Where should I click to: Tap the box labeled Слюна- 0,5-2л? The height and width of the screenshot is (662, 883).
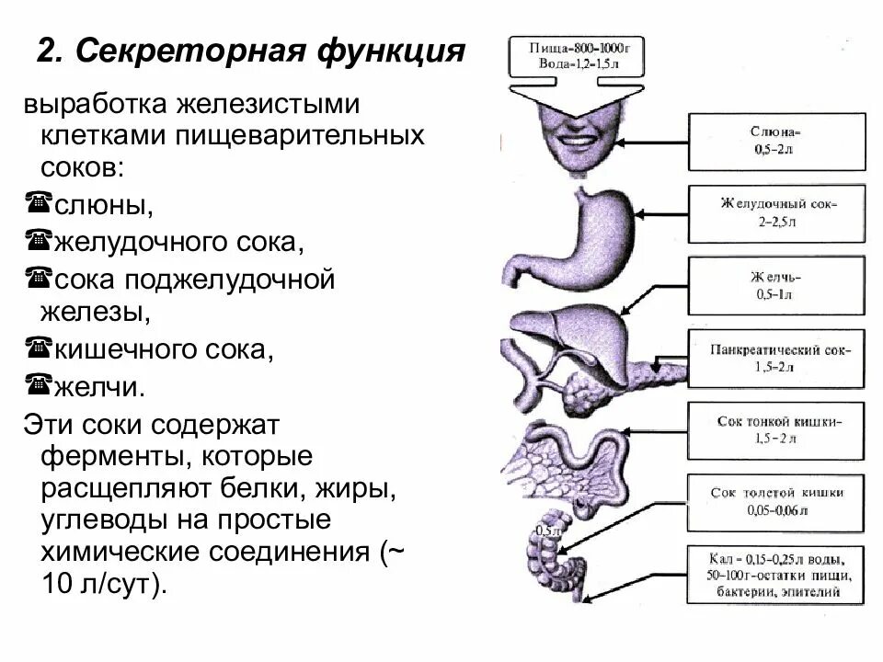777,142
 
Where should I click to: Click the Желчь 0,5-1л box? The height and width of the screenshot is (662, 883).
777,285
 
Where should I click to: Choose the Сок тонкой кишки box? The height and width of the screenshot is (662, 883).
777,430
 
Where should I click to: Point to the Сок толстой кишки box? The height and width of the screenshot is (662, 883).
777,501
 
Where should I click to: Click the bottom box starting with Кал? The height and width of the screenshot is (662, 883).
777,575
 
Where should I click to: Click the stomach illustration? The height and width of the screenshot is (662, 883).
593,234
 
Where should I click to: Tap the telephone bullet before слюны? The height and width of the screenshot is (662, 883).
38,203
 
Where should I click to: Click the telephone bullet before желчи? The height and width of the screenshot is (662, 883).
38,384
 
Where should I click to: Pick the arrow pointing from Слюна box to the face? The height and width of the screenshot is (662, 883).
658,143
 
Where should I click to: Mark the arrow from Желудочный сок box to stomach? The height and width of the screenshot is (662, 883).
662,213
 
